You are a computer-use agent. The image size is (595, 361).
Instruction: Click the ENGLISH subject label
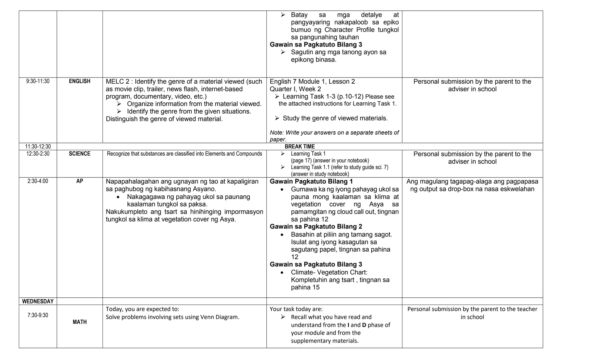pyautogui.click(x=79, y=81)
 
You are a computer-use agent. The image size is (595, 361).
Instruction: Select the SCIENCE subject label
pyautogui.click(x=79, y=154)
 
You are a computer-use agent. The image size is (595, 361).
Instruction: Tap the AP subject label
pyautogui.click(x=79, y=181)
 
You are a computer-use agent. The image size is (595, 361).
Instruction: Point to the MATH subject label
pyautogui.click(x=79, y=322)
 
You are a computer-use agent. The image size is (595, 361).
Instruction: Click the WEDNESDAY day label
pyautogui.click(x=38, y=301)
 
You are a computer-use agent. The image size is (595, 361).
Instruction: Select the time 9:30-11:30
pyautogui.click(x=38, y=81)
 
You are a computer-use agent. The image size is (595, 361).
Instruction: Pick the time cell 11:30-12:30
pyautogui.click(x=38, y=146)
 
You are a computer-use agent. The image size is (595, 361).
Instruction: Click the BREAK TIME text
pyautogui.click(x=300, y=146)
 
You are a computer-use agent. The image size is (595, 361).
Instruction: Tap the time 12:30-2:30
pyautogui.click(x=38, y=154)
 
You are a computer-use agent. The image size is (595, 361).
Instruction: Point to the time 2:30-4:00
pyautogui.click(x=38, y=181)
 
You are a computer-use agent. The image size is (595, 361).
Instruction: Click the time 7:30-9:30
pyautogui.click(x=38, y=315)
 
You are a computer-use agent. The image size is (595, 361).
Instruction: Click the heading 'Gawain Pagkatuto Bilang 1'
pyautogui.click(x=311, y=182)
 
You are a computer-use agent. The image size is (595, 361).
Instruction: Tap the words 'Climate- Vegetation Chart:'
pyautogui.click(x=329, y=272)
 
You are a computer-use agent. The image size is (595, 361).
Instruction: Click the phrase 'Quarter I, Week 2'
pyautogui.click(x=295, y=89)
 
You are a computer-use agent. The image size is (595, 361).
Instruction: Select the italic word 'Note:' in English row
pyautogui.click(x=277, y=133)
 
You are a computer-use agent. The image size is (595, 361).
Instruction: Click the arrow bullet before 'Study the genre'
pyautogui.click(x=277, y=118)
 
